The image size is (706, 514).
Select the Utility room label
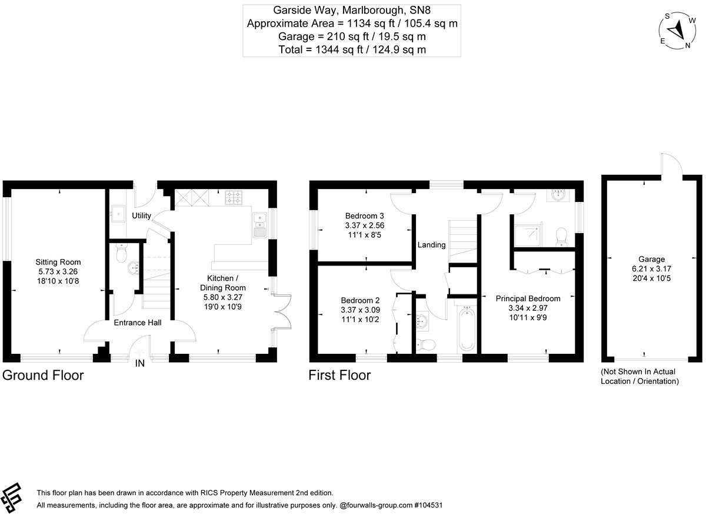141,216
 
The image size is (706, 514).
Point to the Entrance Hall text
137,323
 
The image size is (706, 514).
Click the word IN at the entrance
140,364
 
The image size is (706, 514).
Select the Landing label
431,245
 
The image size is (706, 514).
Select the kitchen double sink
259,224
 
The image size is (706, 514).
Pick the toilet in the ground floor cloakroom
122,254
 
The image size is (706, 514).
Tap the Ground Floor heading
43,375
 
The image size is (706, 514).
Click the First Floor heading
339,375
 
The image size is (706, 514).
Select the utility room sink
116,212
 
